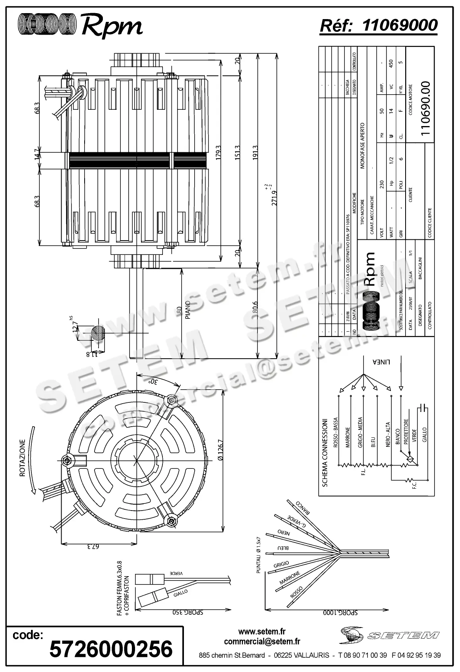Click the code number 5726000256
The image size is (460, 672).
[111, 649]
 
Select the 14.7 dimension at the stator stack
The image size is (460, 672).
[37, 154]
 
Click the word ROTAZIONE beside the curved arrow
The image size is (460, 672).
[22, 458]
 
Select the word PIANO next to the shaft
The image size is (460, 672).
[188, 310]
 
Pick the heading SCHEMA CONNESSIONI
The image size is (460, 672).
[325, 452]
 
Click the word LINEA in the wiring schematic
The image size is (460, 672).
[381, 362]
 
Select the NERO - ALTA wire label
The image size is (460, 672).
[388, 435]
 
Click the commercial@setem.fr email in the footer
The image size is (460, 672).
[262, 641]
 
